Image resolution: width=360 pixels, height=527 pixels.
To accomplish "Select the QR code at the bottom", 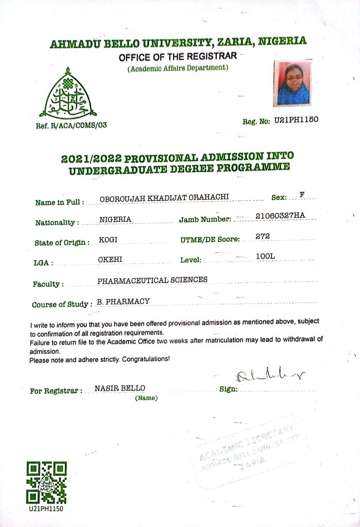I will click(46, 483).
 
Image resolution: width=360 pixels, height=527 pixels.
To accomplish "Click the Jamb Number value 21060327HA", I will click(280, 215).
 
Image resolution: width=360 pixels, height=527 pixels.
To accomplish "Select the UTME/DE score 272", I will click(263, 236).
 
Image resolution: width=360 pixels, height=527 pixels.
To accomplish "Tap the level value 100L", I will click(266, 257).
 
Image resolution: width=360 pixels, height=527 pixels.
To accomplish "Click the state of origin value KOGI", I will click(108, 240).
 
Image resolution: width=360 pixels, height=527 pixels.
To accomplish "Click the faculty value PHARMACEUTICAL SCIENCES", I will click(152, 280).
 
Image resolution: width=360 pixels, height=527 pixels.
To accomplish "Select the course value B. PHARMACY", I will click(123, 301).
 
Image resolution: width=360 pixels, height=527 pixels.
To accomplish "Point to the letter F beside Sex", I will click(302, 195).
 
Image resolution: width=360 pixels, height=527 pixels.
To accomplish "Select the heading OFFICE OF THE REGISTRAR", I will click(178, 57).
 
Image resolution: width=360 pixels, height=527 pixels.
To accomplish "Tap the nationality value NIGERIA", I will click(115, 220).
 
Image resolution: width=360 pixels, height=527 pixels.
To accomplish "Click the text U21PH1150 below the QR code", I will click(46, 508).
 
